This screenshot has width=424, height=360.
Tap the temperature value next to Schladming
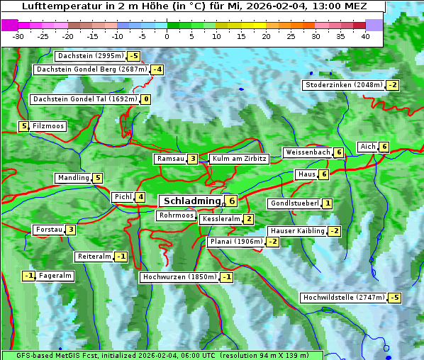232,201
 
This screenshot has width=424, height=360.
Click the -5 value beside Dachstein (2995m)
133,55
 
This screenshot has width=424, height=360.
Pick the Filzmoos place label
48,126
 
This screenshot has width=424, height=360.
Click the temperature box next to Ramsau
193,159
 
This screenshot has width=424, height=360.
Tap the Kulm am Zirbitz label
239,159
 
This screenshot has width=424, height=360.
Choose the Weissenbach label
307,152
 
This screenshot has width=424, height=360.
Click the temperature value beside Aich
384,147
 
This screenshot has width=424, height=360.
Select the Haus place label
306,174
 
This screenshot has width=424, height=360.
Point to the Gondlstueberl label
294,203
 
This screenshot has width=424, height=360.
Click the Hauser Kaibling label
296,231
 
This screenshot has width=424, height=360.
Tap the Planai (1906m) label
236,242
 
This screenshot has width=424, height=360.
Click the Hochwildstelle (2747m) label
343,298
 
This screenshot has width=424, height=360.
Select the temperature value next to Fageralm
28,276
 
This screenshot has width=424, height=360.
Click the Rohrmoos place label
176,215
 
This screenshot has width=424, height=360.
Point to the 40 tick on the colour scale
365,36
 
